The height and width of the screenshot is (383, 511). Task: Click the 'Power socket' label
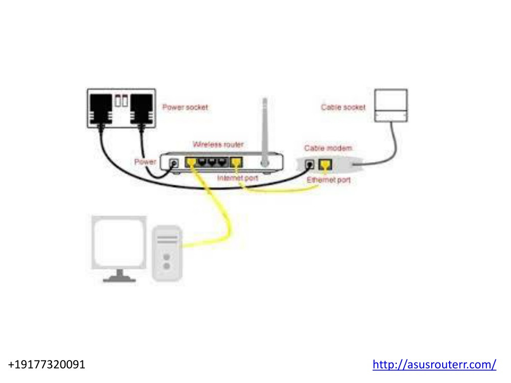[x=185, y=107]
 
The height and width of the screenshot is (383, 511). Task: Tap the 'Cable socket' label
[x=343, y=107]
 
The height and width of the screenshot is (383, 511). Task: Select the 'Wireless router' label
[x=218, y=144]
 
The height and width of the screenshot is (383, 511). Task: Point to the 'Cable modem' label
[x=328, y=148]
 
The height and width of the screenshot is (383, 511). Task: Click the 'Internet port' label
[x=238, y=178]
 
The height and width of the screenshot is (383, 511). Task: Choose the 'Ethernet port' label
[x=328, y=180]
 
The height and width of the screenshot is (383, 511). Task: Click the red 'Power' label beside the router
[x=145, y=162]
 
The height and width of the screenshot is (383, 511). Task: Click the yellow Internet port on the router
[x=236, y=162]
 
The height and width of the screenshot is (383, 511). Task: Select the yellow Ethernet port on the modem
[x=325, y=165]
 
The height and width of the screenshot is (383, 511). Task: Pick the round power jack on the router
[x=175, y=163]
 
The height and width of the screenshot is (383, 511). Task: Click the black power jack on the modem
[x=309, y=164]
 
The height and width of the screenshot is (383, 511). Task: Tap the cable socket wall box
[x=391, y=106]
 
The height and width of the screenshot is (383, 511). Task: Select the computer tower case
[x=167, y=253]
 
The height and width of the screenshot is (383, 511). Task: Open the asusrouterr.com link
[x=435, y=365]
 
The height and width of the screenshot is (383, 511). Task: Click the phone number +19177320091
[x=46, y=365]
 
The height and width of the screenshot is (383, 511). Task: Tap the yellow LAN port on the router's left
[x=191, y=162]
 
